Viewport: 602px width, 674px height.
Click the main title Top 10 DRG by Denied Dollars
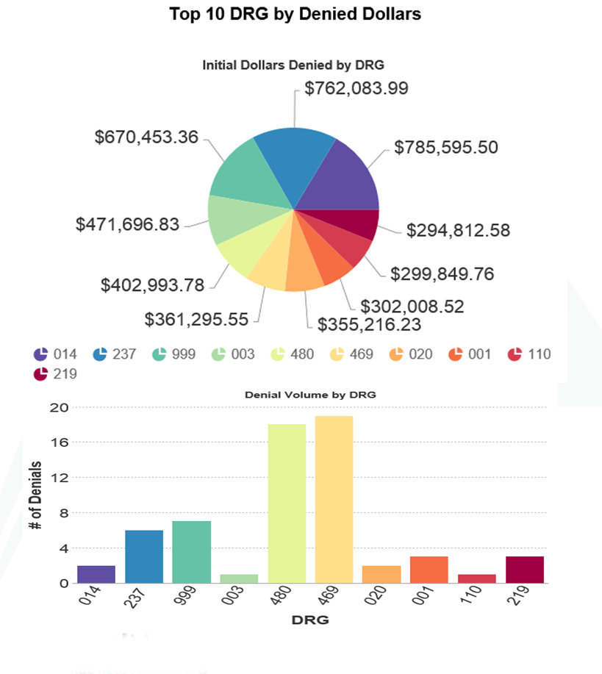[x=295, y=14]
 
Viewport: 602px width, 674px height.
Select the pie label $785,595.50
[x=446, y=147]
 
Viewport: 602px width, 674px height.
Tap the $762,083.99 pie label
[x=356, y=88]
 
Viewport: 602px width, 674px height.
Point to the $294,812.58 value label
[x=459, y=230]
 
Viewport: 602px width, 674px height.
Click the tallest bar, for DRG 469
[x=334, y=500]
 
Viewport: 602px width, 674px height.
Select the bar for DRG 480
[x=287, y=503]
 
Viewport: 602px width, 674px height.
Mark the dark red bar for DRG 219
[x=525, y=570]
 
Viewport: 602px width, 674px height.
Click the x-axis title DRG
[x=309, y=620]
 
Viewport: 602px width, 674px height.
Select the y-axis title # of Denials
[x=35, y=495]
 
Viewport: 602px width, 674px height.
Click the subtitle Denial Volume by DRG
[x=309, y=395]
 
